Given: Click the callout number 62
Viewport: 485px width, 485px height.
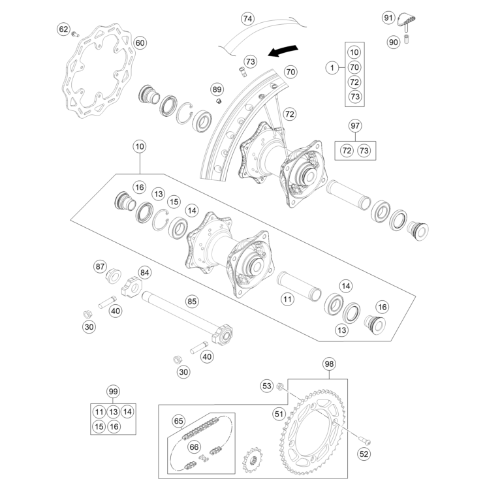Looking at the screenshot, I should coord(63,29).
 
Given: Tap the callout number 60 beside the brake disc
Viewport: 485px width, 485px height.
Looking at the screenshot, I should coord(140,43).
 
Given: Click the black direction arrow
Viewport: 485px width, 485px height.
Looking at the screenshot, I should coord(285,50).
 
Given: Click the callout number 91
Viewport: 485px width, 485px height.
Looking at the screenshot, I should coord(388,17).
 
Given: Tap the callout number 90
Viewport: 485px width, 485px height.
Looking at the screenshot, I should coord(393,42).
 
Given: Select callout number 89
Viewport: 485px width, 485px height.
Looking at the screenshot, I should coord(217,89).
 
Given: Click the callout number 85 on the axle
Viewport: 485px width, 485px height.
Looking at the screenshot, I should coord(191,302).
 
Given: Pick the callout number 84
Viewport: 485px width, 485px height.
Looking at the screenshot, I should coord(144,272).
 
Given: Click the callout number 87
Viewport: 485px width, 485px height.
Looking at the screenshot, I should coord(100,266).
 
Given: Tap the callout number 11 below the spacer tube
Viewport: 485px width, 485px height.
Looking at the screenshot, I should coord(287,300).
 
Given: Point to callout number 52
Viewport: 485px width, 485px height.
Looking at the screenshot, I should coord(364,453).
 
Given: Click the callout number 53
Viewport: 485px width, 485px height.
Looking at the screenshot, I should coord(266,386).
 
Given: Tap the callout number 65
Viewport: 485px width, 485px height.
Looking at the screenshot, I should coord(179,421).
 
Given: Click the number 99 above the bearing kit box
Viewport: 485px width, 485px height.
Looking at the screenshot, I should coord(114,392).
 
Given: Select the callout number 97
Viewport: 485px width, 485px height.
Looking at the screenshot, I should coord(355,125).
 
